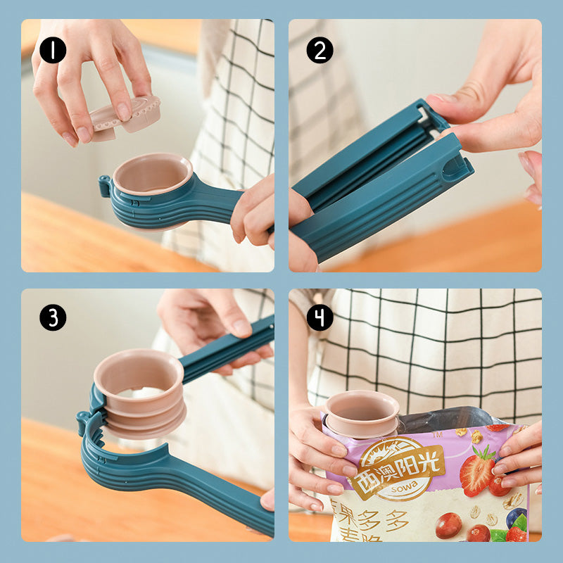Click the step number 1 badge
coord(53,51)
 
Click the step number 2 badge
coord(320,51)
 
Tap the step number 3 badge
coord(53,318)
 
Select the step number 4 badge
coord(320,318)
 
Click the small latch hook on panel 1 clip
coord(106,186)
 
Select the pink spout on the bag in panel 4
coord(361,412)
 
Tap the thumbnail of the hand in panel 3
coord(241,328)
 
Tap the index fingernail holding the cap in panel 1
coord(124,111)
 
